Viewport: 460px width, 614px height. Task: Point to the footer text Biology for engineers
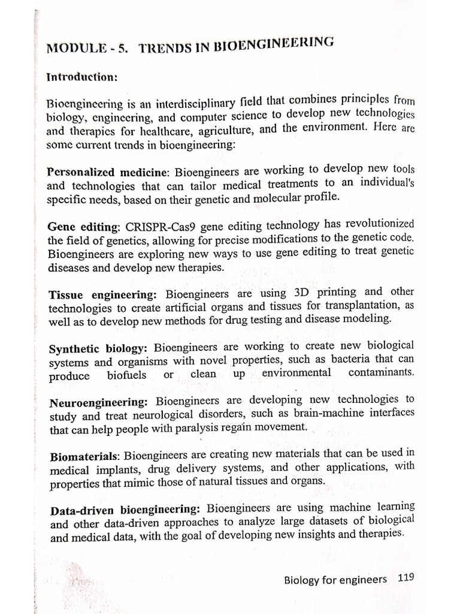coord(335,579)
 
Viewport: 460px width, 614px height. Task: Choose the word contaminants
coord(381,372)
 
